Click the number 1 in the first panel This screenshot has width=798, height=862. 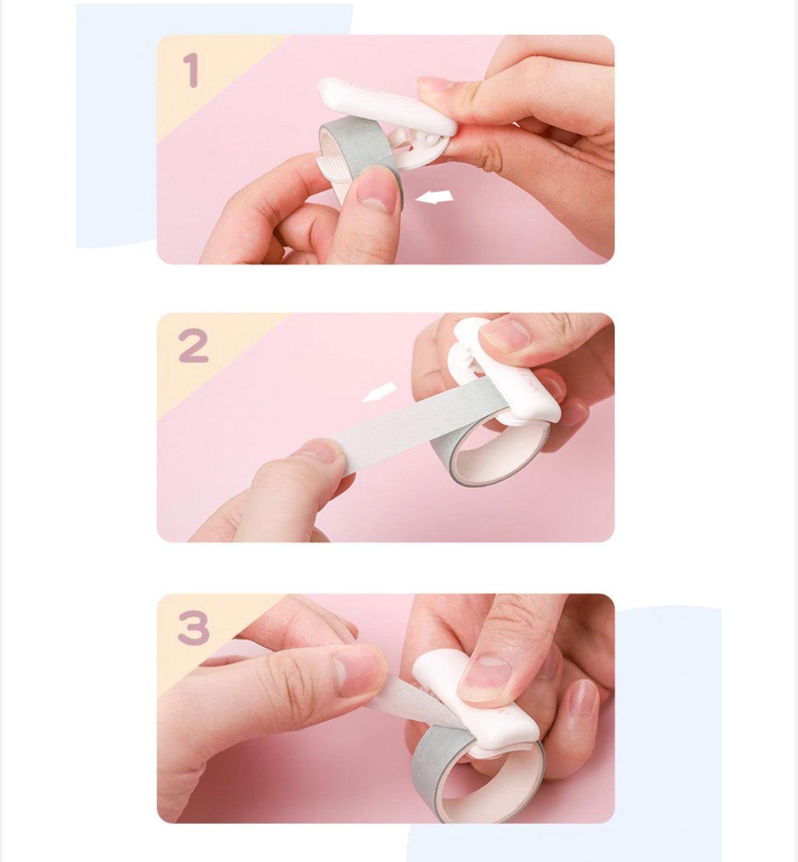pyautogui.click(x=192, y=70)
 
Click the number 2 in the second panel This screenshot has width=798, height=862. pyautogui.click(x=193, y=346)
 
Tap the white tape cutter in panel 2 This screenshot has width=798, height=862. pyautogui.click(x=504, y=374)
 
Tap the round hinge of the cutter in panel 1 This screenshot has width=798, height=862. pyautogui.click(x=430, y=140)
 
